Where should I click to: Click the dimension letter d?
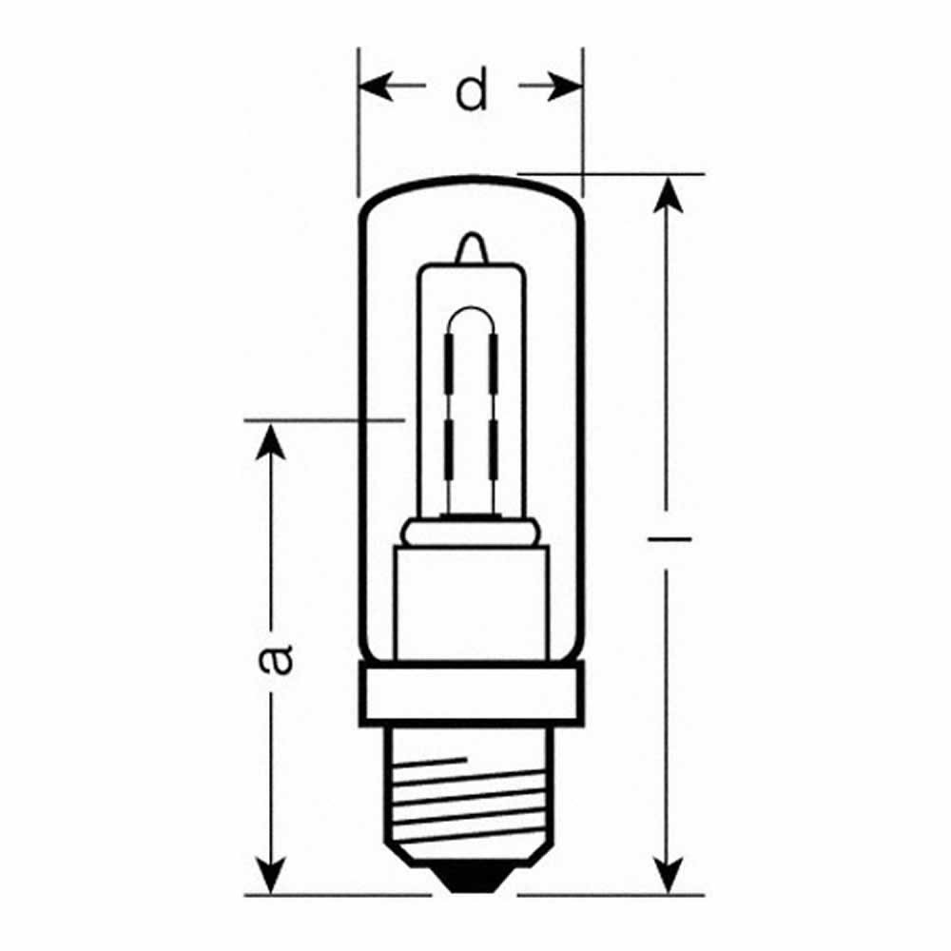(471, 91)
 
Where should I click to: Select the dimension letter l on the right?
(670, 539)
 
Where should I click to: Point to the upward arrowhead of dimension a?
(272, 442)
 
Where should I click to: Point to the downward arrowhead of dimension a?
(272, 875)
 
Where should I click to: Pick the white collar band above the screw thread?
(471, 692)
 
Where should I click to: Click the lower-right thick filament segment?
(494, 452)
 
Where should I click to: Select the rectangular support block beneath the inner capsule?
(471, 599)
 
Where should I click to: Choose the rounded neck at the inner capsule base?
(471, 531)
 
